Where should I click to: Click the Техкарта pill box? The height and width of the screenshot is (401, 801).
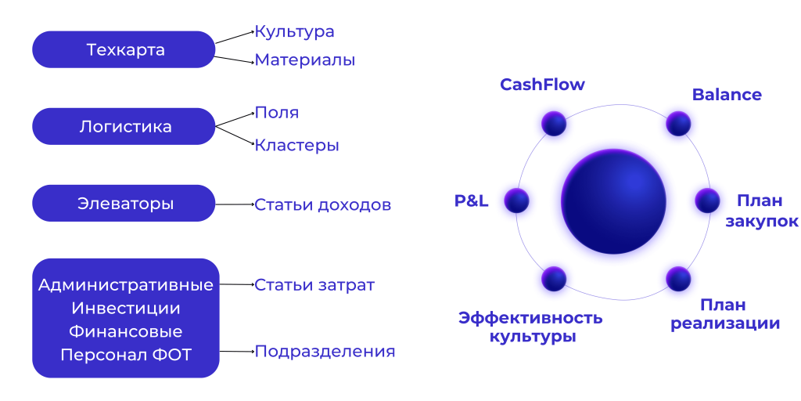pyautogui.click(x=124, y=49)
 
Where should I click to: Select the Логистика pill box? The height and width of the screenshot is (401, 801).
pyautogui.click(x=124, y=126)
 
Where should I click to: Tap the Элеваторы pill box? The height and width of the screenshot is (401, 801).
pyautogui.click(x=124, y=204)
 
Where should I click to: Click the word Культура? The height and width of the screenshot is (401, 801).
pyautogui.click(x=294, y=31)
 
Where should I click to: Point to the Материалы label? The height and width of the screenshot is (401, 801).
pyautogui.click(x=304, y=60)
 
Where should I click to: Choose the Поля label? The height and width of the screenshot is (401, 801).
pyautogui.click(x=276, y=113)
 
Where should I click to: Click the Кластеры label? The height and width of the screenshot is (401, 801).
pyautogui.click(x=296, y=145)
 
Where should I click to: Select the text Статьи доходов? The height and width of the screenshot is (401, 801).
pyautogui.click(x=323, y=205)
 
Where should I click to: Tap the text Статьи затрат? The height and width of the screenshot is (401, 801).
pyautogui.click(x=314, y=285)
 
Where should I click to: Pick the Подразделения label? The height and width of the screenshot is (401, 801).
pyautogui.click(x=325, y=352)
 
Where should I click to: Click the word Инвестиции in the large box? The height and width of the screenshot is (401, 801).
pyautogui.click(x=126, y=309)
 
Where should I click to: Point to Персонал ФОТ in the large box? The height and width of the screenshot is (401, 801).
pyautogui.click(x=126, y=355)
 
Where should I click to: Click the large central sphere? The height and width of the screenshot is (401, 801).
pyautogui.click(x=613, y=201)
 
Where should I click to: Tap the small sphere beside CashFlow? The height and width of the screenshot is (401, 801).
pyautogui.click(x=554, y=123)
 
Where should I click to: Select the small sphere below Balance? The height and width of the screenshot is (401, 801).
pyautogui.click(x=678, y=123)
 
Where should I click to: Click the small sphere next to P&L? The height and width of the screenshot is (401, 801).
pyautogui.click(x=516, y=200)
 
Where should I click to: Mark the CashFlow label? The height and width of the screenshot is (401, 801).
pyautogui.click(x=542, y=85)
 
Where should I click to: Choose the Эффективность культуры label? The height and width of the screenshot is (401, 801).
pyautogui.click(x=531, y=327)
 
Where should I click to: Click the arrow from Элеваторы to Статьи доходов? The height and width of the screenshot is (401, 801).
pyautogui.click(x=235, y=204)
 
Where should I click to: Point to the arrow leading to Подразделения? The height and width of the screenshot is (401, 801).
pyautogui.click(x=237, y=352)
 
